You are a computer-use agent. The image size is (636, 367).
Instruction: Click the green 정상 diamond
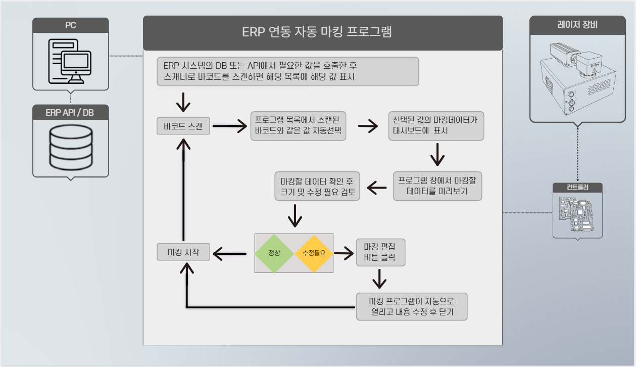(x=274, y=253)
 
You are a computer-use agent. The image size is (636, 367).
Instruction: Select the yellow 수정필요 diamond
(x=314, y=253)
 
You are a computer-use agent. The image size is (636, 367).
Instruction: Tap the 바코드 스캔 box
(x=183, y=126)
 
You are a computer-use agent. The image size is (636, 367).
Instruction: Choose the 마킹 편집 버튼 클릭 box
(x=380, y=252)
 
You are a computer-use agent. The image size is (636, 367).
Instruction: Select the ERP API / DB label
(x=70, y=112)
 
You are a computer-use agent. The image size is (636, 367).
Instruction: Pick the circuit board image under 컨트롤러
(x=577, y=214)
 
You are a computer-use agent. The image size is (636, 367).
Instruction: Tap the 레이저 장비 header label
(x=577, y=24)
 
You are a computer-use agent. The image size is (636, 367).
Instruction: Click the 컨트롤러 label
(x=577, y=188)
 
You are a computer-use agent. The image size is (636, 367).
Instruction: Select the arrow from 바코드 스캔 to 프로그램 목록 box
(x=229, y=126)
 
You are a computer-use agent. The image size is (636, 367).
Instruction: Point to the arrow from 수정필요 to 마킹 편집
(x=344, y=253)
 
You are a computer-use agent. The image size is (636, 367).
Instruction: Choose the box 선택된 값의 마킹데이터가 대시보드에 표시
(x=435, y=125)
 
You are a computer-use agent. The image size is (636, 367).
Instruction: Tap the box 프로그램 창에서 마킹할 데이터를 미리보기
(x=437, y=186)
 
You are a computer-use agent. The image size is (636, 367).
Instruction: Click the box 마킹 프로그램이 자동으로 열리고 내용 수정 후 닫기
(x=411, y=306)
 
